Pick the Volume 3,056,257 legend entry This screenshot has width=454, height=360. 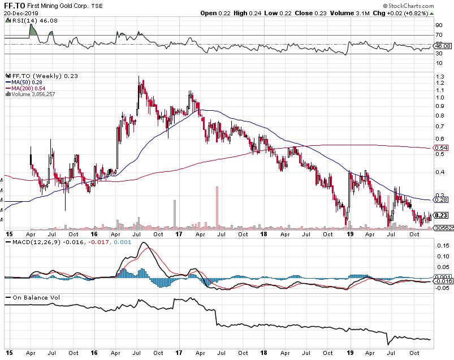click(31, 94)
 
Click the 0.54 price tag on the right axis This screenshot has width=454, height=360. click(441, 148)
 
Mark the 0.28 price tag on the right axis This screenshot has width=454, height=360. click(441, 199)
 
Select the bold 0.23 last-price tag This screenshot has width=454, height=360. click(441, 215)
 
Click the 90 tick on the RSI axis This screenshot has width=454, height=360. click(438, 25)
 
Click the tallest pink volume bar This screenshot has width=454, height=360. click(217, 207)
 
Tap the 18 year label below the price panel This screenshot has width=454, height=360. click(263, 233)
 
